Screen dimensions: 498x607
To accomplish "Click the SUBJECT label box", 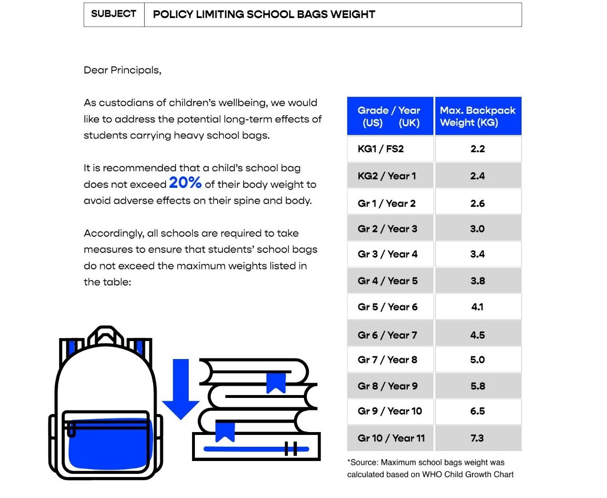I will pos(114,14).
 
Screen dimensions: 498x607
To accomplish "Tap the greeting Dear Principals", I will pos(122,70).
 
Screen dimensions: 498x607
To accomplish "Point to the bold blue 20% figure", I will pos(185,183).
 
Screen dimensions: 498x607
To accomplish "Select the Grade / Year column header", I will pos(389,116).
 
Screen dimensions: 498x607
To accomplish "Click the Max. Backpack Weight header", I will pos(478,116).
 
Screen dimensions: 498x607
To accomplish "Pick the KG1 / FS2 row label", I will pos(381,149).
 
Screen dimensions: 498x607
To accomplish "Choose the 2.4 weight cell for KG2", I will pos(478,176).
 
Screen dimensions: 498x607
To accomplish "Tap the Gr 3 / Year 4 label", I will pos(387,254).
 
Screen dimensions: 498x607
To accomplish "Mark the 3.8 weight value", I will pos(478,281).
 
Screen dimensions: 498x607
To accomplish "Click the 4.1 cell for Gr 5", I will pos(478,307).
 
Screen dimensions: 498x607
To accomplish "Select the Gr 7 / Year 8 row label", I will pos(387,360).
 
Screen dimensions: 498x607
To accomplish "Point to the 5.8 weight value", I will pos(478,386).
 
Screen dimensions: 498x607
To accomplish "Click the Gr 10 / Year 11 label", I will pos(391,438).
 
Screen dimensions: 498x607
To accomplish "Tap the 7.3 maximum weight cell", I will pos(478,438).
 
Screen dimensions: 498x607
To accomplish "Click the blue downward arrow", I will pos(181,389).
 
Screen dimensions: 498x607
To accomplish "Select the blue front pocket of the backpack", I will pos(109,446).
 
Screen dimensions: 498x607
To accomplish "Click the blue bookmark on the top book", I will pos(276,382).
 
